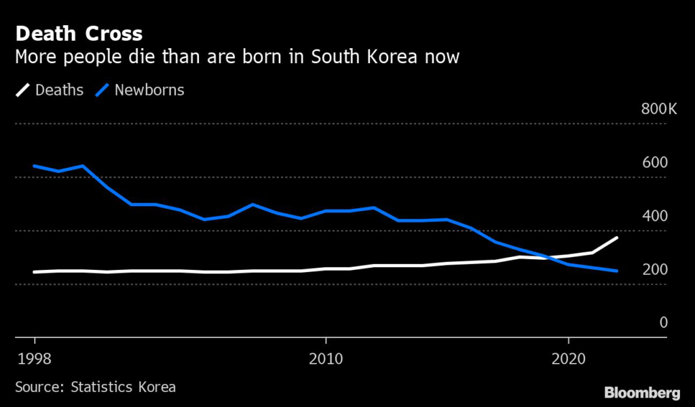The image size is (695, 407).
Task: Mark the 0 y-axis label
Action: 664,323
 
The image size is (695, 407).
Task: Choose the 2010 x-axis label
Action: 326,358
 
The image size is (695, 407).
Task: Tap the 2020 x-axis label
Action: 568,358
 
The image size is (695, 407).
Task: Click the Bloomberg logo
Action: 642,392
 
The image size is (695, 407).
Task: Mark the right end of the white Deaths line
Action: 616,237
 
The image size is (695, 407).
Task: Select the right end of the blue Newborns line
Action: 616,271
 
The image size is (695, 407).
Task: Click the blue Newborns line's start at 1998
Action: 34,166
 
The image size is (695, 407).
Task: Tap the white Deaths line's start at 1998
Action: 34,272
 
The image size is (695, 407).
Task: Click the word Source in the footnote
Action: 37,387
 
